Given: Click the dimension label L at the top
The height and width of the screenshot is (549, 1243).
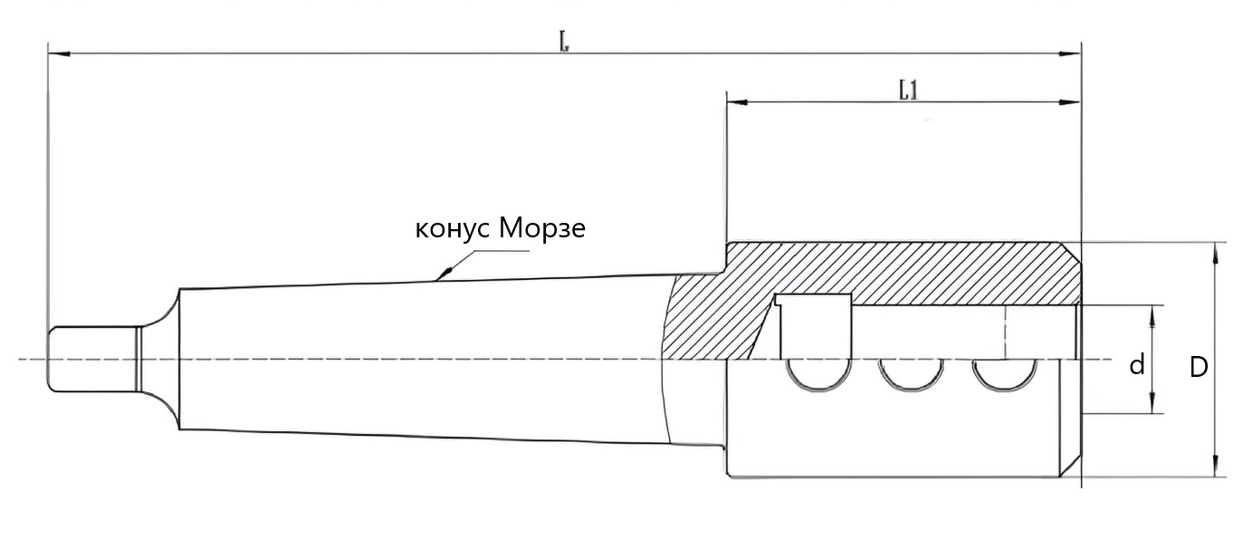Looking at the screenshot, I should (563, 42).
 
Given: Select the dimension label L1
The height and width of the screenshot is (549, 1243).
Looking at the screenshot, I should (908, 90).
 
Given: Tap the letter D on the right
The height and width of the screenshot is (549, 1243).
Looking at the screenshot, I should (1199, 367).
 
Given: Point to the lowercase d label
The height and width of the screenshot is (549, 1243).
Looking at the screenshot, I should (1137, 365).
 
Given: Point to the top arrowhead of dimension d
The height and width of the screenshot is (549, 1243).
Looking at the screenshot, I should (1152, 313).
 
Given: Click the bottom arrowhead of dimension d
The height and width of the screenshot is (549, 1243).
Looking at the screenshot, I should (1152, 408).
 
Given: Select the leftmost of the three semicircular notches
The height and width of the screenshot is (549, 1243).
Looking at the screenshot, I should (818, 374).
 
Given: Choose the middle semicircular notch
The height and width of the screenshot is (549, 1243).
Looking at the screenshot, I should (910, 374).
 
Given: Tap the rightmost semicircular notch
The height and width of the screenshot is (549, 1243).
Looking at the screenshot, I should (1002, 374).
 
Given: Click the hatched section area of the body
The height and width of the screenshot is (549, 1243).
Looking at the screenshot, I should (905, 272).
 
